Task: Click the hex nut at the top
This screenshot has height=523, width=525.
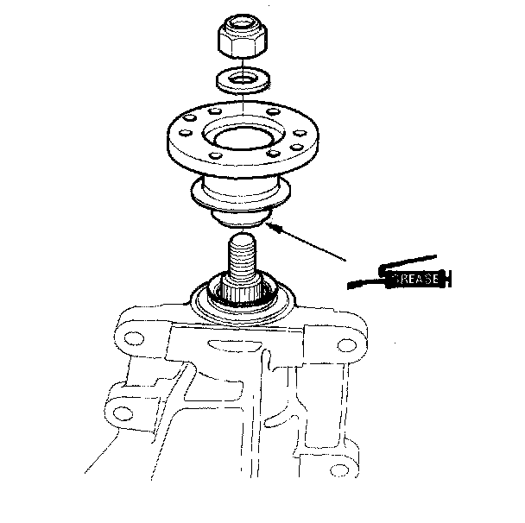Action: pyautogui.click(x=243, y=36)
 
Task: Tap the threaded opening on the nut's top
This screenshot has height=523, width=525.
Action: pyautogui.click(x=243, y=23)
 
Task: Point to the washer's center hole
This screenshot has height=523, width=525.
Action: pyautogui.click(x=243, y=79)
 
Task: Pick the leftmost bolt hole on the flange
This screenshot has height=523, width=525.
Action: pyautogui.click(x=185, y=133)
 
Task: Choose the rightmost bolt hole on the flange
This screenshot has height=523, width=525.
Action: pyautogui.click(x=300, y=133)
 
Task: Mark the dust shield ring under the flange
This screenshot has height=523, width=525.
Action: pyautogui.click(x=240, y=195)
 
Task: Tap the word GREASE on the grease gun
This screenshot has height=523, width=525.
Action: pyautogui.click(x=415, y=279)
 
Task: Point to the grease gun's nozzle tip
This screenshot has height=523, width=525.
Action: pyautogui.click(x=350, y=286)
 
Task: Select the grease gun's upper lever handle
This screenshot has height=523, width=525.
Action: pyautogui.click(x=408, y=262)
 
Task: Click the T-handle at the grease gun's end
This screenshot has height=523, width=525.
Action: pyautogui.click(x=448, y=279)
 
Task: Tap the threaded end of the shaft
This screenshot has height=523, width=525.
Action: pyautogui.click(x=242, y=255)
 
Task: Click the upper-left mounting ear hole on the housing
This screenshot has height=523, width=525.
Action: pyautogui.click(x=134, y=338)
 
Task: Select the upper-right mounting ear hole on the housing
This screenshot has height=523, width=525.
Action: pyautogui.click(x=347, y=345)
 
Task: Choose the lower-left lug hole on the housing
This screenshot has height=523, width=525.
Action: pyautogui.click(x=123, y=414)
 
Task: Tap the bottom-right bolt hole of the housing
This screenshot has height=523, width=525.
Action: pyautogui.click(x=339, y=470)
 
